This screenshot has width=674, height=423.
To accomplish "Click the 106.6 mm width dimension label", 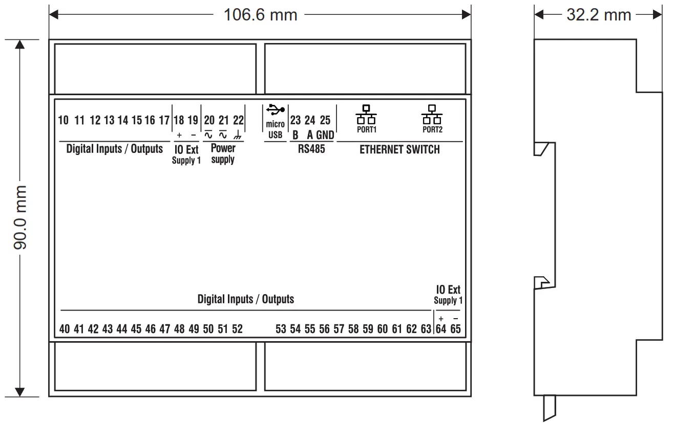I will (x=260, y=15).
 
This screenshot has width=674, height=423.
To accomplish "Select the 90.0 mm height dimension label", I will (x=21, y=217).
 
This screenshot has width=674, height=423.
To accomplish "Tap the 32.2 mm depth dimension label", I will (x=598, y=15).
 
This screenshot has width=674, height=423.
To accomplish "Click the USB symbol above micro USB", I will (x=276, y=109).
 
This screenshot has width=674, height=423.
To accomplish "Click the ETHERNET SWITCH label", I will (x=399, y=150).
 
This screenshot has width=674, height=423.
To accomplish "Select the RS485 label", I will (x=311, y=150).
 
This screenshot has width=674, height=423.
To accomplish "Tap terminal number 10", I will (x=64, y=121).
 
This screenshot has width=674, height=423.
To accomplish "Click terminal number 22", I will (x=238, y=121).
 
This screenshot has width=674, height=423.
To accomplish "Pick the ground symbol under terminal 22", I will (x=238, y=136).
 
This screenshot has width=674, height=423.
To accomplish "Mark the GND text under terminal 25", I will (x=325, y=136).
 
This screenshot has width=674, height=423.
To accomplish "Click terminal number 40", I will (x=65, y=329).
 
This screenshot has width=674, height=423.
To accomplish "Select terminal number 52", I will (x=237, y=329).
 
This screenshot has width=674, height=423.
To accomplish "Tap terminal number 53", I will (x=281, y=329).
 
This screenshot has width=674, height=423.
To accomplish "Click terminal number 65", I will (x=455, y=329).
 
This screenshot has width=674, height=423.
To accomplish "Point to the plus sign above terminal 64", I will (x=441, y=319).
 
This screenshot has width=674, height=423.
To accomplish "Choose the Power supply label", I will (x=223, y=153).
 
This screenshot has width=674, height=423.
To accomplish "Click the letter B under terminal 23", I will (x=296, y=136).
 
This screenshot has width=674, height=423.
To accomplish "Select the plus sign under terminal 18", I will (x=179, y=136).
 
